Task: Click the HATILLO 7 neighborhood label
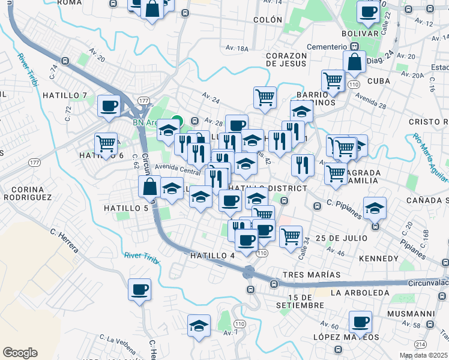click(x=64, y=95)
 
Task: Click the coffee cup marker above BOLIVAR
click(x=368, y=11)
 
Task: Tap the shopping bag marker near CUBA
click(x=355, y=61)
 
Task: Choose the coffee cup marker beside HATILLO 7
click(x=109, y=106)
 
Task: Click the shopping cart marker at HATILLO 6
click(x=106, y=144)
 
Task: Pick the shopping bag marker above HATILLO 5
click(x=149, y=187)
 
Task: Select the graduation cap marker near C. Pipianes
click(x=375, y=208)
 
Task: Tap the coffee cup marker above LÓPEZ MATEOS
click(x=361, y=322)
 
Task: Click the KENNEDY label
click(x=378, y=259)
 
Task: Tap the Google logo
click(x=20, y=353)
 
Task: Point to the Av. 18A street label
click(x=237, y=48)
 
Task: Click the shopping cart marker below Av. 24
click(x=265, y=97)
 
